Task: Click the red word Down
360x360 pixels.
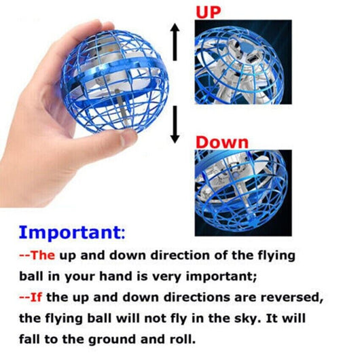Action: click(222, 142)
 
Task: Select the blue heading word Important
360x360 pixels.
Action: click(68, 232)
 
